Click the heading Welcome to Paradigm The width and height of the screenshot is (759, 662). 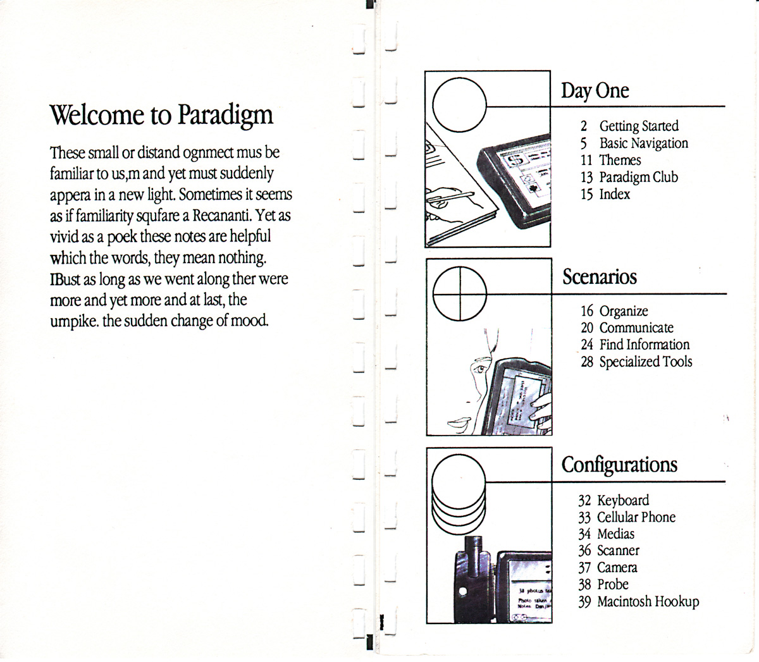(x=161, y=115)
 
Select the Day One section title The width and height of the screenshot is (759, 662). (x=595, y=90)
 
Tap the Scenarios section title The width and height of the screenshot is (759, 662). (x=600, y=277)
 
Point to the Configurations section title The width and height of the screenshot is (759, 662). (x=619, y=465)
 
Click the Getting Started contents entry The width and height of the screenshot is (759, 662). (x=638, y=126)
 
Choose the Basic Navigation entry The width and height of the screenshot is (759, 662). (x=643, y=143)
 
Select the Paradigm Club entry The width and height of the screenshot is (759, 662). (x=638, y=177)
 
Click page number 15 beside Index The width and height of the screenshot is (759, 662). (x=586, y=194)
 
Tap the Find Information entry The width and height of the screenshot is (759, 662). (x=644, y=345)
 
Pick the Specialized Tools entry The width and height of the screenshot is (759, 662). (x=645, y=362)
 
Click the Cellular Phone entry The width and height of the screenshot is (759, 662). (x=636, y=517)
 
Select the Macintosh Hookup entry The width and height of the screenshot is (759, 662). (x=648, y=601)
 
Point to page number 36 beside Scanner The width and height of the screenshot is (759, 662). (x=584, y=551)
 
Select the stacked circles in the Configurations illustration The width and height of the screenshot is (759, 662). (x=459, y=493)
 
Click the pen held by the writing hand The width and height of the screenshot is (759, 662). (x=452, y=197)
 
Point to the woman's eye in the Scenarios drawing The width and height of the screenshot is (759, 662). (x=480, y=368)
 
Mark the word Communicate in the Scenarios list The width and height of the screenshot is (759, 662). (x=636, y=328)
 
